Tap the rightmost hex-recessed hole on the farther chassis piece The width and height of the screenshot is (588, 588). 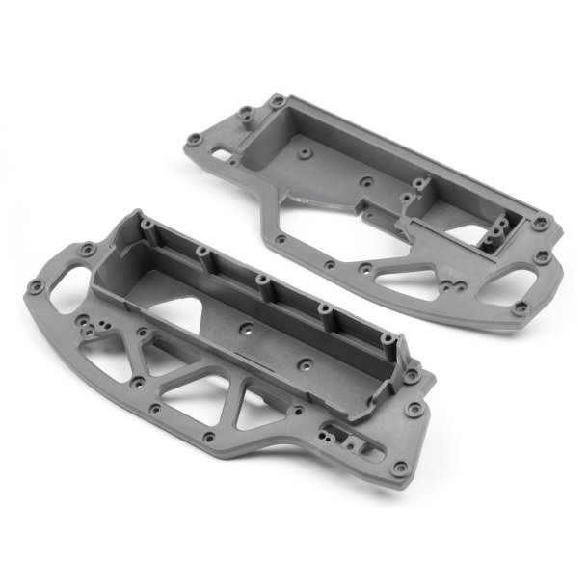(546, 256)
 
